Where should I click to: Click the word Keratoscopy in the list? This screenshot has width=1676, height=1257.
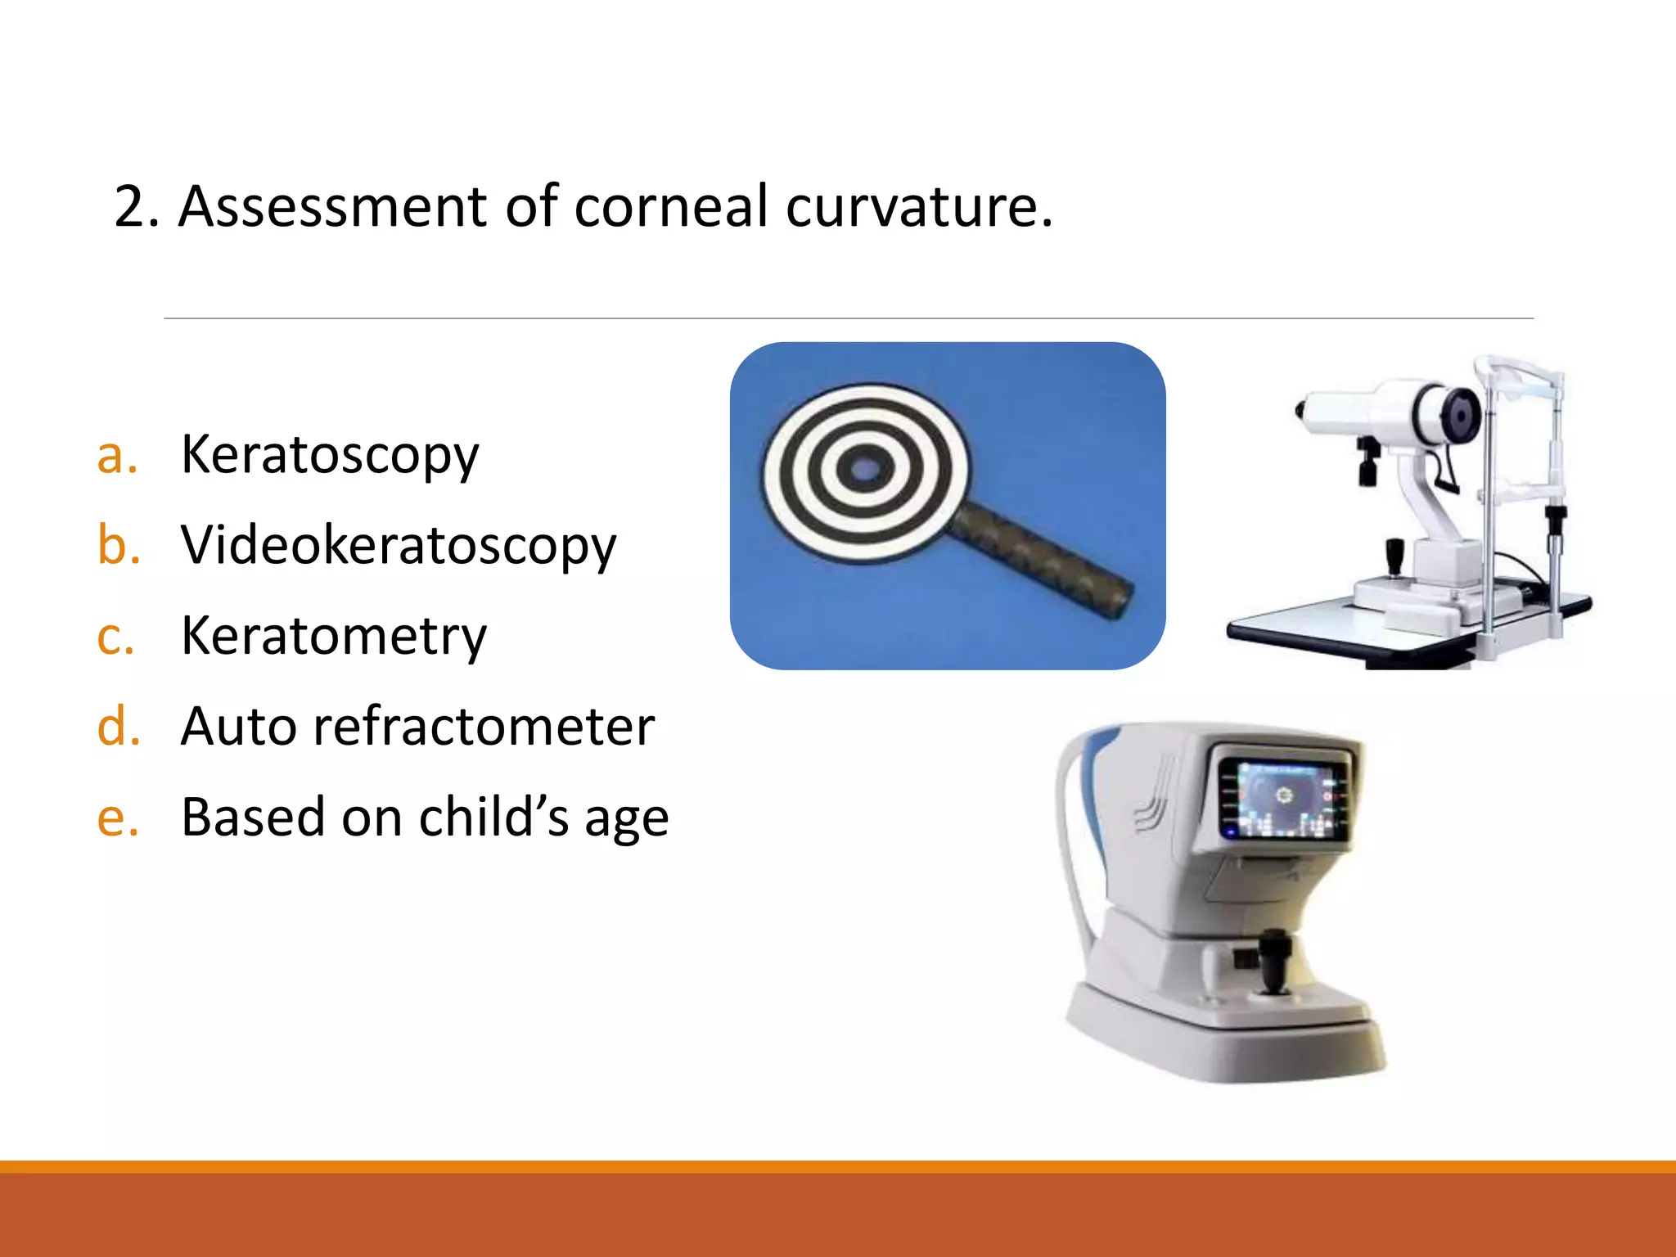pos(329,456)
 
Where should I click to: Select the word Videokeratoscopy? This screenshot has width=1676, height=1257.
pos(398,546)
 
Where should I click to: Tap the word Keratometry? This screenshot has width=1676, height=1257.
pos(333,637)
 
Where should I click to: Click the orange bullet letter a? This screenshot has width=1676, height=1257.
pos(116,457)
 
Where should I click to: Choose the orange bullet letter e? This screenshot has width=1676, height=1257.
pos(117,818)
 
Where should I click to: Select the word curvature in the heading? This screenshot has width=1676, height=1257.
pos(912,206)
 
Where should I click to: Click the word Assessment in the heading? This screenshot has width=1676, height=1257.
pos(333,206)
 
